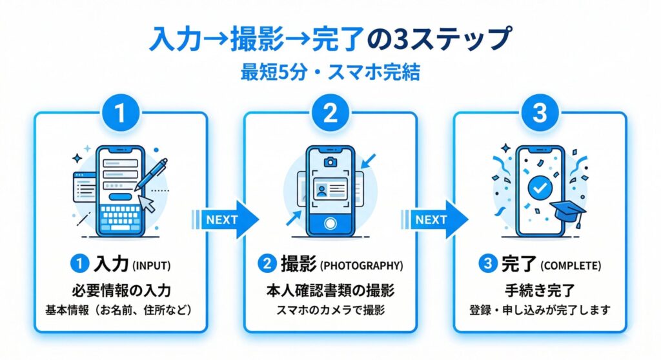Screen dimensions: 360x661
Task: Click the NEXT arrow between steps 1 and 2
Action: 227,219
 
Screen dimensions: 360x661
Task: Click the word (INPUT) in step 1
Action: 152,265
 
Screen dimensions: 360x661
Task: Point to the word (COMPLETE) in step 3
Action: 570,265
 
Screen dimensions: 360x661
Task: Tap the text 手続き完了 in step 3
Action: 540,291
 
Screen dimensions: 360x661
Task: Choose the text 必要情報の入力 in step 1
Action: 120,291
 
